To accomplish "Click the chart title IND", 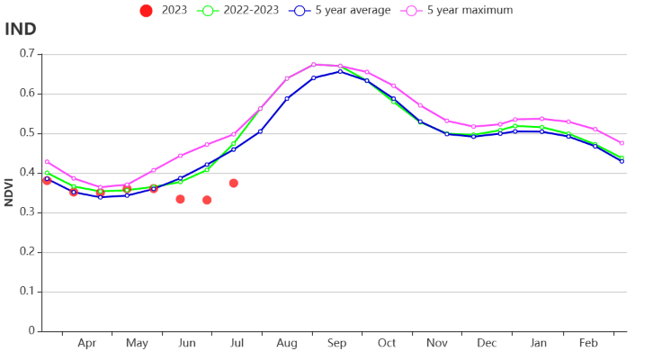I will pos(21,29).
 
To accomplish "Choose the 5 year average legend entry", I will pos(343,11).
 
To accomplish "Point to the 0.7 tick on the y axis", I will pos(27,54).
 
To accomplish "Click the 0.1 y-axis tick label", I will pos(27,292).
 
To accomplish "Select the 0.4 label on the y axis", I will pos(27,173).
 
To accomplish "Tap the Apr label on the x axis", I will pos(87,344).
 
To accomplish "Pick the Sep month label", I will pos(337,344).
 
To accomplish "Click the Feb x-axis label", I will pos(588,344).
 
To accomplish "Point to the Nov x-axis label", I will pos(437,344).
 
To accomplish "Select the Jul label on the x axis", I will pos(237,344).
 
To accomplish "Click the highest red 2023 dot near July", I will pos(234,183).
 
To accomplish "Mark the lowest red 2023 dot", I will pos(207,200).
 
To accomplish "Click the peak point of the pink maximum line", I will pos(314,64).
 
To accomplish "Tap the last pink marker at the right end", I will pos(622,143).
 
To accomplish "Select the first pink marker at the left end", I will pos(47,162).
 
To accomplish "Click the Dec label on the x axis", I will pos(487,344).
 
